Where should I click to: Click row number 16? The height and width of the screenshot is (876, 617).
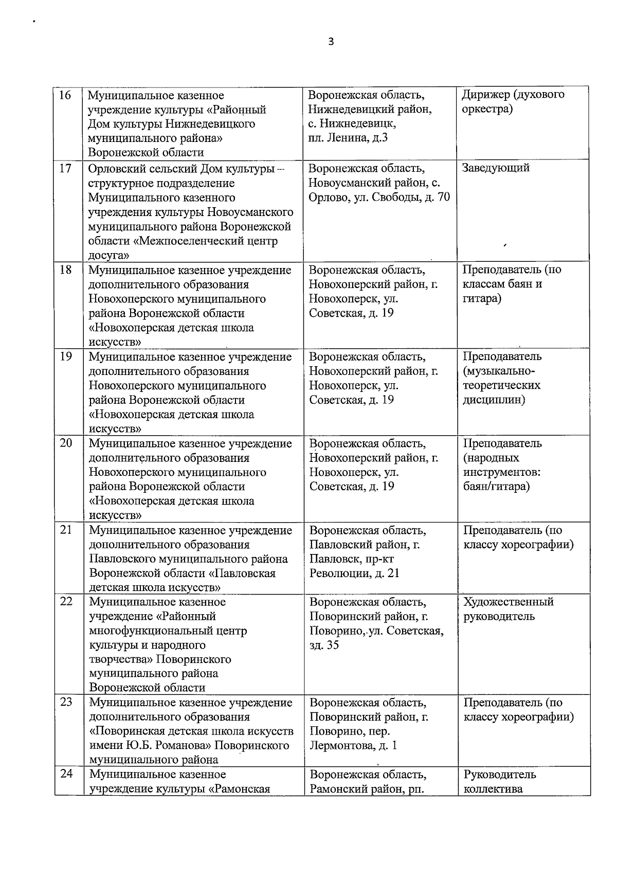65,95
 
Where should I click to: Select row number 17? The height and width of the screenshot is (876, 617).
65,168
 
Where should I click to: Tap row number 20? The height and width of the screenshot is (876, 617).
66,443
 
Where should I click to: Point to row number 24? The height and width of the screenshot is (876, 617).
66,774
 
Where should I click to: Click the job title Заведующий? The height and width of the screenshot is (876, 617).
495,168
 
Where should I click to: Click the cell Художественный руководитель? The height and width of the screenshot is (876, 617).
508,609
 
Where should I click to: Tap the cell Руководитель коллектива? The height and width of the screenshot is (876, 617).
499,781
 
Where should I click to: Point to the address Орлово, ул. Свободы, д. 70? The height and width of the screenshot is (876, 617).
379,197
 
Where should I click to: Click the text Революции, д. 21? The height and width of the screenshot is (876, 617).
354,573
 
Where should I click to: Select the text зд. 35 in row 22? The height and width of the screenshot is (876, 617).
324,645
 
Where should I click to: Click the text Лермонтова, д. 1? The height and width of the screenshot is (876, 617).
353,745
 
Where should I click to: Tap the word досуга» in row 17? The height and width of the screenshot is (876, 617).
108,255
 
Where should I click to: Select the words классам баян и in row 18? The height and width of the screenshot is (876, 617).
502,284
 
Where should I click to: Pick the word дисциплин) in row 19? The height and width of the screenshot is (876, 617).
494,400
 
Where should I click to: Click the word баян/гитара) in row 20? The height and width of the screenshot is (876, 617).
496,486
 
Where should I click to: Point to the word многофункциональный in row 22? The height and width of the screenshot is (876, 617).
168,631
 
